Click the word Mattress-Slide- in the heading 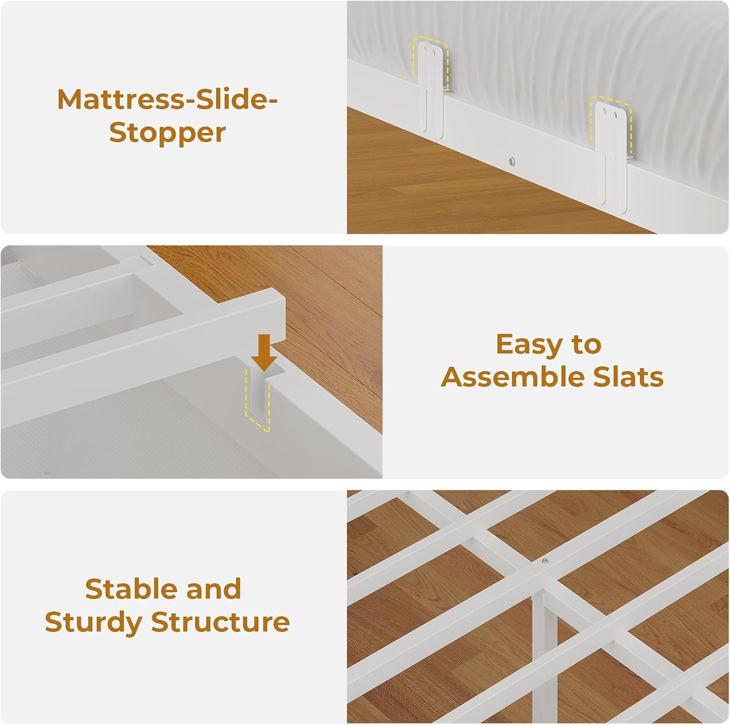(167, 99)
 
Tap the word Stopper (167, 133)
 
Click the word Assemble (512, 377)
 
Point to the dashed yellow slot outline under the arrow (257, 399)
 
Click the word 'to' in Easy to (586, 345)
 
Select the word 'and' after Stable (214, 589)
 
